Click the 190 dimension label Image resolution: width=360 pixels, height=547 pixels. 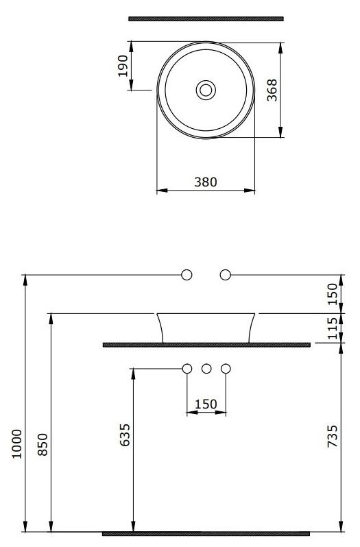click(123, 66)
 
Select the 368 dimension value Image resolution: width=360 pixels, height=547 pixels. click(272, 90)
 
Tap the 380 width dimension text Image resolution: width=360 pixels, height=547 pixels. click(206, 182)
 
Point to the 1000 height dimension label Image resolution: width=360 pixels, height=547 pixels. click(16, 443)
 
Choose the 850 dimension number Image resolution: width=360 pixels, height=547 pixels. click(43, 444)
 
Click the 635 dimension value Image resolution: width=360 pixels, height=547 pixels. click(125, 435)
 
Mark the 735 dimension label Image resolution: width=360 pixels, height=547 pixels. click(333, 436)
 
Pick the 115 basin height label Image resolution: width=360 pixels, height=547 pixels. click(333, 328)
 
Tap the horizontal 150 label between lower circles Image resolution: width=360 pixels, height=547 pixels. click(206, 404)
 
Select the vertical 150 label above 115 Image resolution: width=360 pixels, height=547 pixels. click(333, 294)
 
